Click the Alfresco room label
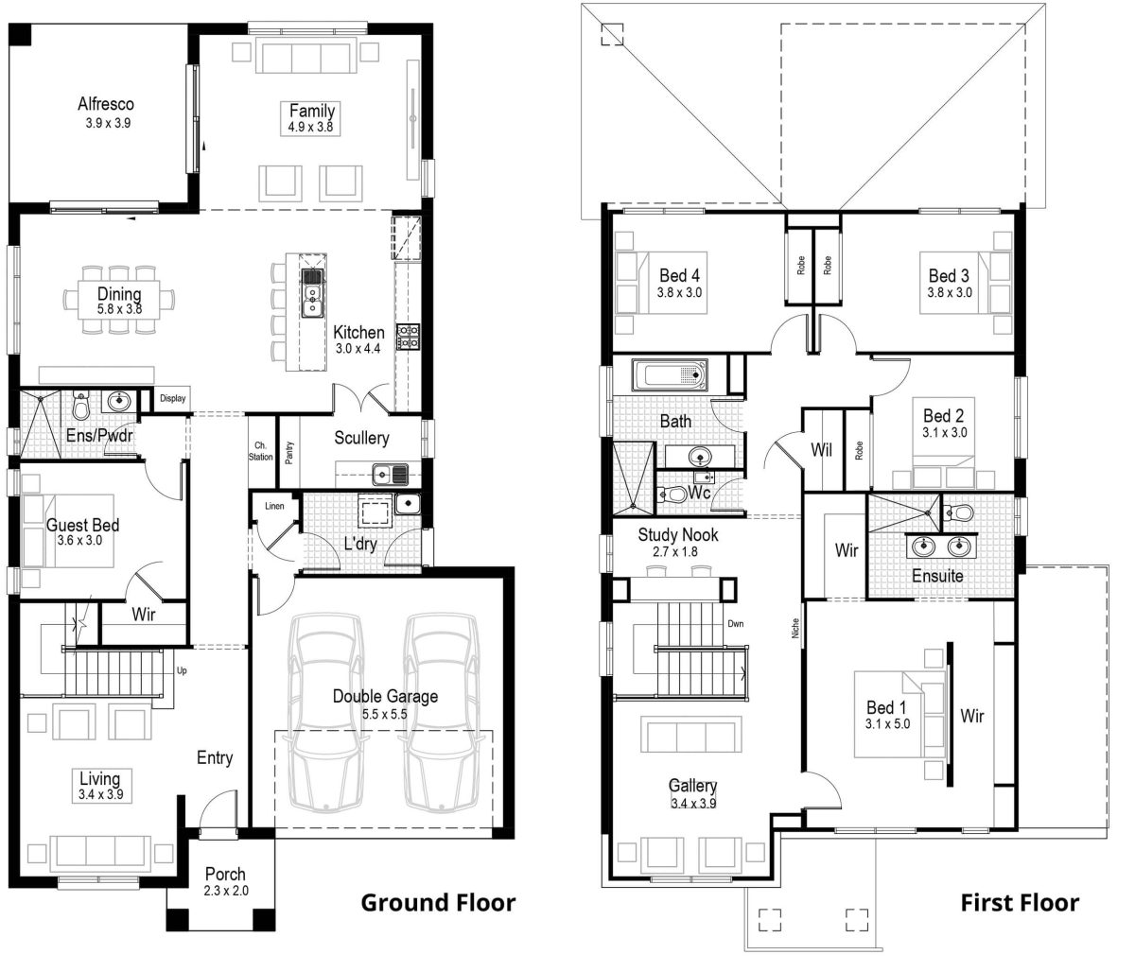[105, 104]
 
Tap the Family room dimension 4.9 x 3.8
[311, 127]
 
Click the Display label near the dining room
[172, 399]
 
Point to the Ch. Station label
[262, 451]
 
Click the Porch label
[224, 875]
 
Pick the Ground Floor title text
[438, 902]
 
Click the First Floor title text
[1019, 902]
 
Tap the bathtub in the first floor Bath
[669, 375]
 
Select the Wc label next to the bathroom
[699, 494]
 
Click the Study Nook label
[677, 535]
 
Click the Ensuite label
[936, 575]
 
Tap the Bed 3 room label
[948, 276]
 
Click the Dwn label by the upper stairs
[735, 624]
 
